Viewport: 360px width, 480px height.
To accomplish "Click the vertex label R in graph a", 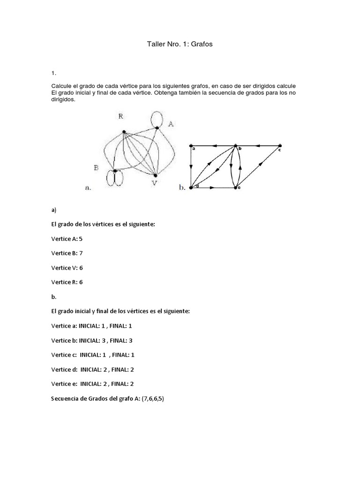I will [120, 117].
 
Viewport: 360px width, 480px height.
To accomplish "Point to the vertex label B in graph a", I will [96, 167].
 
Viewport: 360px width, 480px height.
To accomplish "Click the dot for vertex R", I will [124, 132].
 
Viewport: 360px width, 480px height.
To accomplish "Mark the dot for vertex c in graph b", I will [280, 145].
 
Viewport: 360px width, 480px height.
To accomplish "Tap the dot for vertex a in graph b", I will [191, 145].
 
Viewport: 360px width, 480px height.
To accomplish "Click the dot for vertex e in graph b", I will [235, 188].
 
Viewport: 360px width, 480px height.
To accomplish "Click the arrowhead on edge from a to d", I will [191, 166].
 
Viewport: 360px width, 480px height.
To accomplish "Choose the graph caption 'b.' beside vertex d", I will [182, 188].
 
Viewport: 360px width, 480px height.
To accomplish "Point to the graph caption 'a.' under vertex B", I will [88, 188].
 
